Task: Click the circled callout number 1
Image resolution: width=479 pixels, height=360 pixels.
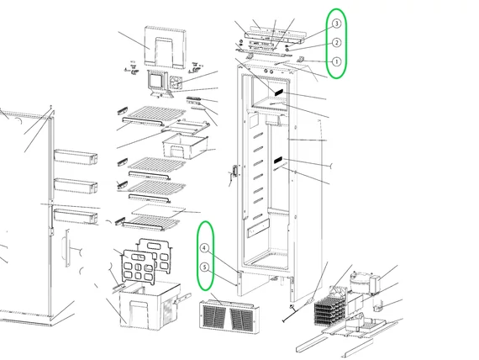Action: click(336, 61)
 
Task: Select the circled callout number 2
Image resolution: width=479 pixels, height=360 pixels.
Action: click(336, 43)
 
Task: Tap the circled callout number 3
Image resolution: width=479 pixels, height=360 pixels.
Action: click(336, 24)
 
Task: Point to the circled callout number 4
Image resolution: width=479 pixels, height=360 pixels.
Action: click(205, 248)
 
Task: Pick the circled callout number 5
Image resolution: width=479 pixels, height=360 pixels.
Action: click(205, 267)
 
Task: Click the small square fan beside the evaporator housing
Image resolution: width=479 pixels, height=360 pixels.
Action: click(176, 82)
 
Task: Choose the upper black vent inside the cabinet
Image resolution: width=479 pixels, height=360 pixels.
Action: click(279, 93)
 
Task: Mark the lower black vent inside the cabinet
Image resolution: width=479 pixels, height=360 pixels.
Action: click(278, 160)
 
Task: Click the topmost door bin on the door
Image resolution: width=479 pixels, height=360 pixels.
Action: click(76, 156)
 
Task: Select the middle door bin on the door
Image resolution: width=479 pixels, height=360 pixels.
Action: click(76, 186)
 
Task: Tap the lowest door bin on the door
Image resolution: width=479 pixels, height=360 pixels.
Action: click(76, 215)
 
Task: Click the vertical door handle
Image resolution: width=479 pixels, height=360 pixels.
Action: click(67, 248)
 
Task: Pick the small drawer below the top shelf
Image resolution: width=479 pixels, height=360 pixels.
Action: click(185, 146)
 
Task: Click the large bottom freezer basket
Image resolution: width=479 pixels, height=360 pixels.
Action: click(150, 305)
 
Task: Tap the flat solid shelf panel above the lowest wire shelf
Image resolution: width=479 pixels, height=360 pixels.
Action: click(159, 211)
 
